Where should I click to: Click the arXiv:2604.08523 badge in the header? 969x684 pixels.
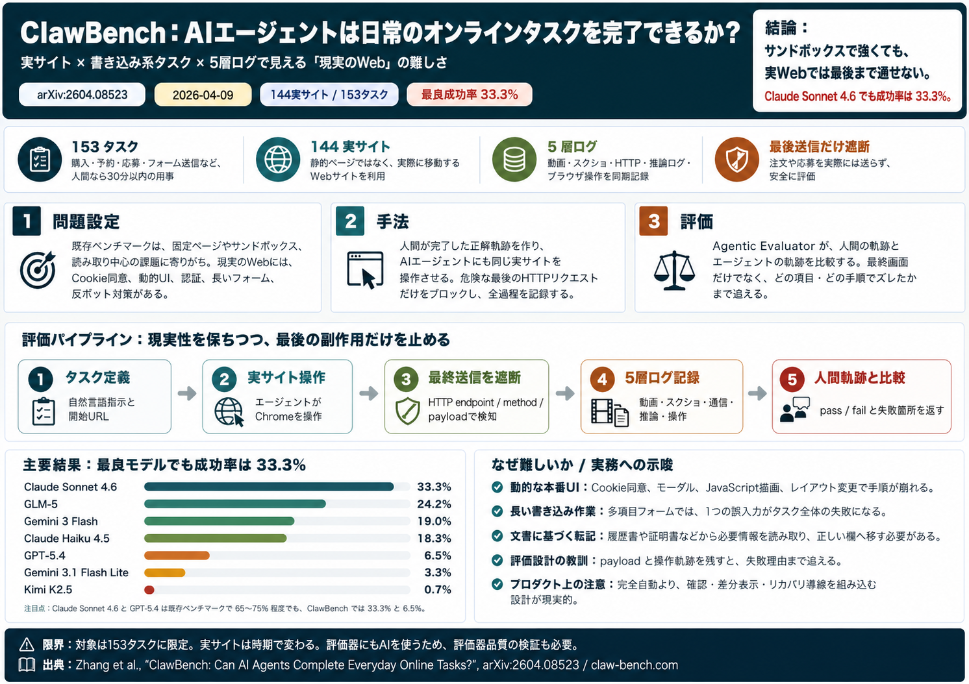tap(82, 95)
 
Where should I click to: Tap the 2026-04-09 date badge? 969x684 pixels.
tap(203, 95)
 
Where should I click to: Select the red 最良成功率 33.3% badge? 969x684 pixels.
tap(470, 95)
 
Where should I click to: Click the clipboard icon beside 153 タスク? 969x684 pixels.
tap(40, 160)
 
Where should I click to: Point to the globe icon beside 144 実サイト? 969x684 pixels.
tap(278, 160)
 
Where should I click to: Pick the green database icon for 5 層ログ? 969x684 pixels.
tap(514, 160)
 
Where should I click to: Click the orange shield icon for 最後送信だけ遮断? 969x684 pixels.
tap(736, 160)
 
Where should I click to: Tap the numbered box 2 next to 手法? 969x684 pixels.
tap(350, 221)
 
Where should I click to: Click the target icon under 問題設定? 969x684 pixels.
tap(38, 270)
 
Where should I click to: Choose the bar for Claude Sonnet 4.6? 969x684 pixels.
tap(269, 487)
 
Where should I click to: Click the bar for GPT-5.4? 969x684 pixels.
tap(177, 556)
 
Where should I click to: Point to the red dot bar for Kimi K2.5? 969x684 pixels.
tap(149, 590)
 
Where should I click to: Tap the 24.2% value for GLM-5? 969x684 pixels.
tap(434, 504)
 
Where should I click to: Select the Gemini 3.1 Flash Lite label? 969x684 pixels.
tap(76, 572)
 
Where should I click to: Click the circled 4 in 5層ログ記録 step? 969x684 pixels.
tap(602, 379)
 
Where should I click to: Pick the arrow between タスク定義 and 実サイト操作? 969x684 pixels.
tap(187, 393)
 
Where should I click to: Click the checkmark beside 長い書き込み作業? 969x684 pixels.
tap(497, 511)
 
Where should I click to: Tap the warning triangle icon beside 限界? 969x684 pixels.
tap(27, 644)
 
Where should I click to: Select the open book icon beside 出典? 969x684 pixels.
tap(27, 665)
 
